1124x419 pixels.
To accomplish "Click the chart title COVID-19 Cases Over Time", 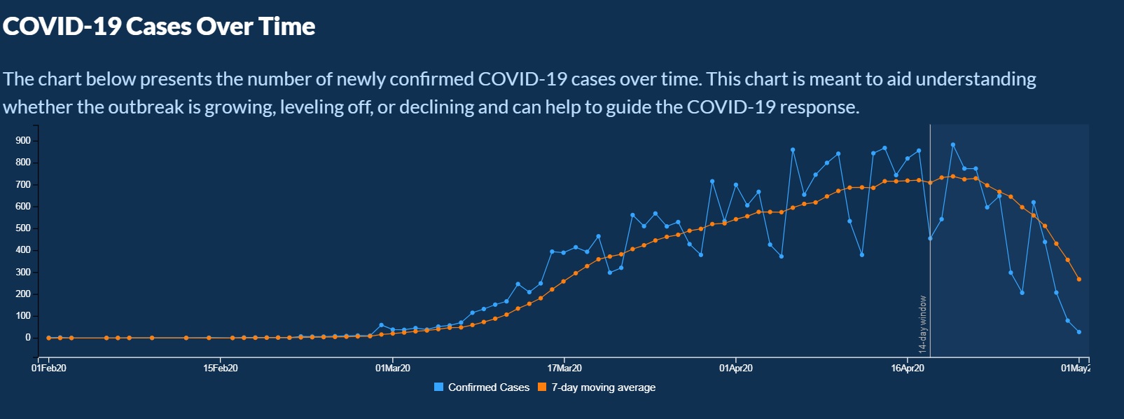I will tap(159, 27).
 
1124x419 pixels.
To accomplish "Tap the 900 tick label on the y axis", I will tap(23, 141).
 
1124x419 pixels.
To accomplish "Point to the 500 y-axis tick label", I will tap(23, 228).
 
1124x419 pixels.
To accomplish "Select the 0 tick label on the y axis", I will tap(28, 338).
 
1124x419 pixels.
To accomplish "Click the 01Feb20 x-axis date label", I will tap(49, 369).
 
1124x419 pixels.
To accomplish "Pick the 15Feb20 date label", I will tap(221, 369).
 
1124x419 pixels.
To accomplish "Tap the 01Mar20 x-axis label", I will tap(393, 369).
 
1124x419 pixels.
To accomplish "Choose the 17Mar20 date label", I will tap(564, 369).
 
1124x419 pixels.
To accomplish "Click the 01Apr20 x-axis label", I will tap(736, 369).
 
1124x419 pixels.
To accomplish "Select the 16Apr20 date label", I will tap(908, 369).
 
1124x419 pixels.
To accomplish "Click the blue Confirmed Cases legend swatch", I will tap(439, 387).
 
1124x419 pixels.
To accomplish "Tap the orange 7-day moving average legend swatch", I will tap(542, 387).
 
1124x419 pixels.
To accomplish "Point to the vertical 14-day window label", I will tap(923, 324).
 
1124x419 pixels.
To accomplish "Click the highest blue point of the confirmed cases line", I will tap(953, 145).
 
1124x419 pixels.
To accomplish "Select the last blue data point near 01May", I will tap(1079, 332).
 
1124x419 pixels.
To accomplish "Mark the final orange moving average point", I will tap(1079, 280).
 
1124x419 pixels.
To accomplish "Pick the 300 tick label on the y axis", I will tap(23, 273).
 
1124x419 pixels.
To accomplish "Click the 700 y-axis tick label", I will tap(23, 185).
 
